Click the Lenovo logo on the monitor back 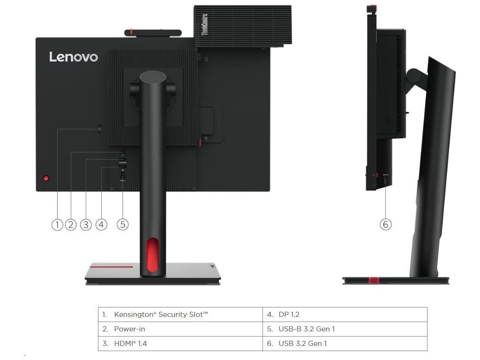tap(74, 57)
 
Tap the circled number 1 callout tap(57, 225)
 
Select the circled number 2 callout tap(71, 225)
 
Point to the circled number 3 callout tap(85, 225)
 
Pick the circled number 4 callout tap(101, 225)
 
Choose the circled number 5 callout tap(122, 225)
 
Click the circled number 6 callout tap(385, 225)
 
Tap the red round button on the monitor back tap(46, 178)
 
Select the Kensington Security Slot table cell tap(180, 314)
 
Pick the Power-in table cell tap(180, 329)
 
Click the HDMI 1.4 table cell tap(180, 344)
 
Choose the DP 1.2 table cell tap(345, 314)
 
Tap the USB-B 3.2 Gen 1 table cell tap(345, 329)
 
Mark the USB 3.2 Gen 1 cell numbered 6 tap(345, 344)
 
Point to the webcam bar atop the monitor tap(153, 32)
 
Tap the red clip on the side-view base tap(374, 280)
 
